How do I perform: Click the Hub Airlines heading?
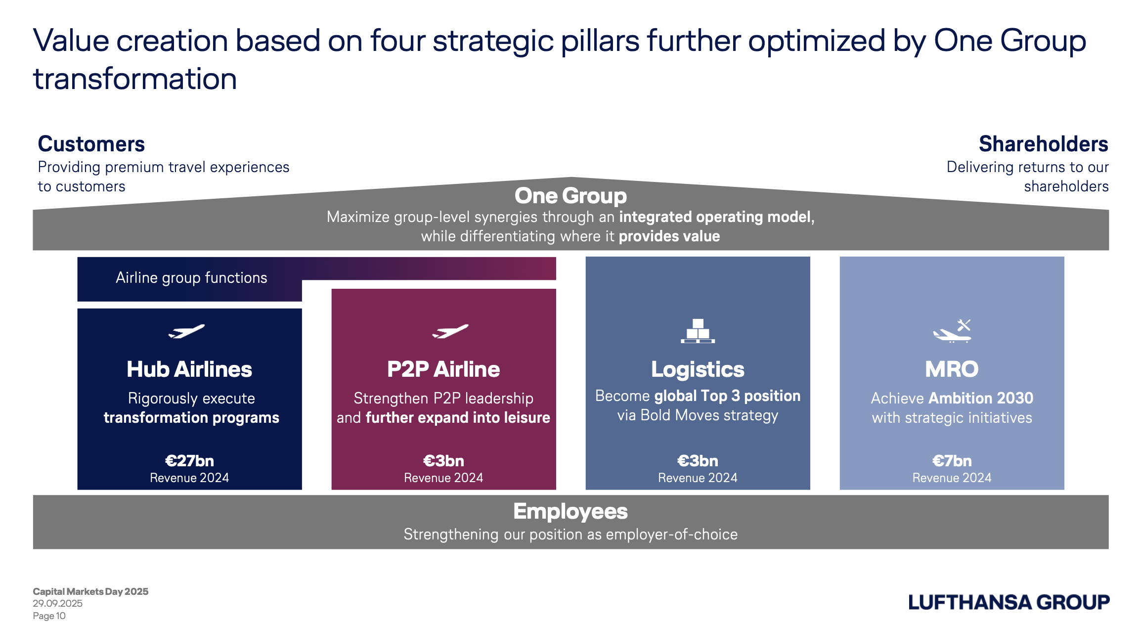[189, 369]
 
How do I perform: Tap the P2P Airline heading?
[443, 369]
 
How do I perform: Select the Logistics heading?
[698, 370]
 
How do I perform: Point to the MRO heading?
[952, 369]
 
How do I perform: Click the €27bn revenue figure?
[189, 461]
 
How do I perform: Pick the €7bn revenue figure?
[952, 461]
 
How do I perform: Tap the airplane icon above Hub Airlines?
[186, 331]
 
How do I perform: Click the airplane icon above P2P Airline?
[450, 331]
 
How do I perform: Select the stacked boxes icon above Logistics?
[698, 331]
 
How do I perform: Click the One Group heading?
[570, 196]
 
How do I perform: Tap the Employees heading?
[570, 511]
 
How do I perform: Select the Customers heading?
[91, 144]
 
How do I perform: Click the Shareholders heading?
[1044, 144]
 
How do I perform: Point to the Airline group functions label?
[191, 278]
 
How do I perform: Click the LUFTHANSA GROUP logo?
[1009, 602]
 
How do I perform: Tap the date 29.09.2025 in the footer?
[58, 603]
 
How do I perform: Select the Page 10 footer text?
[49, 616]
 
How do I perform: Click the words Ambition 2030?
[981, 398]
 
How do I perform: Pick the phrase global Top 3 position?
[727, 396]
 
